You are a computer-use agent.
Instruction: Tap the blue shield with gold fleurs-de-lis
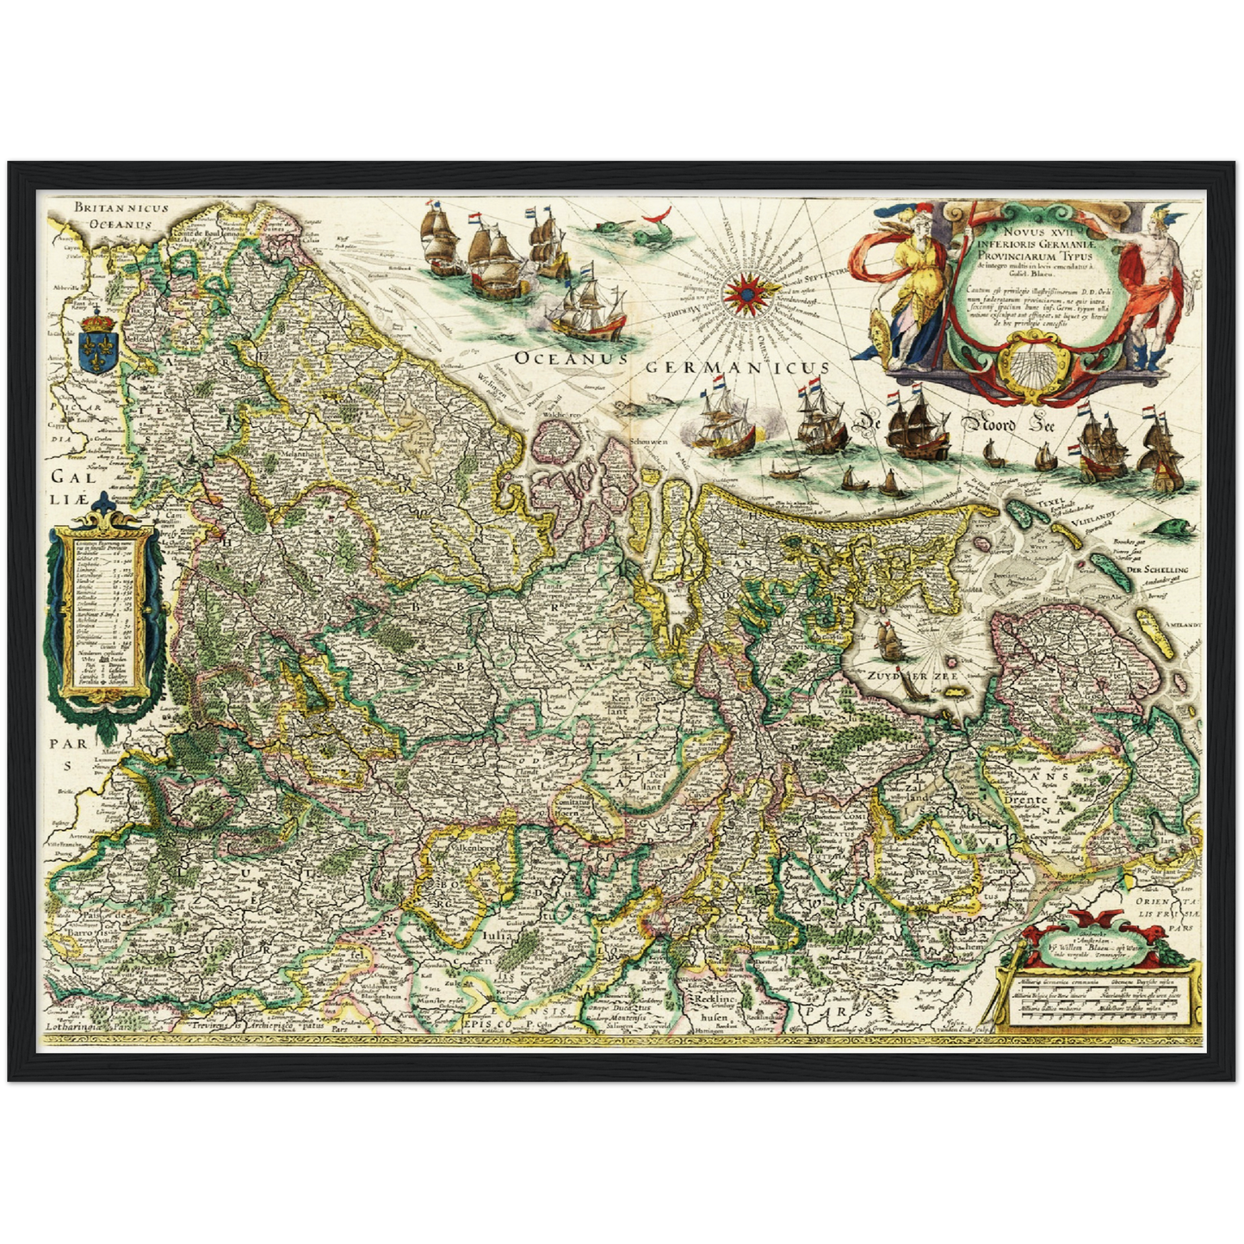tap(95, 344)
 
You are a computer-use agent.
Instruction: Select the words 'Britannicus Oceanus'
tap(121, 215)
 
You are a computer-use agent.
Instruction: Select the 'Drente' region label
tap(1024, 800)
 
